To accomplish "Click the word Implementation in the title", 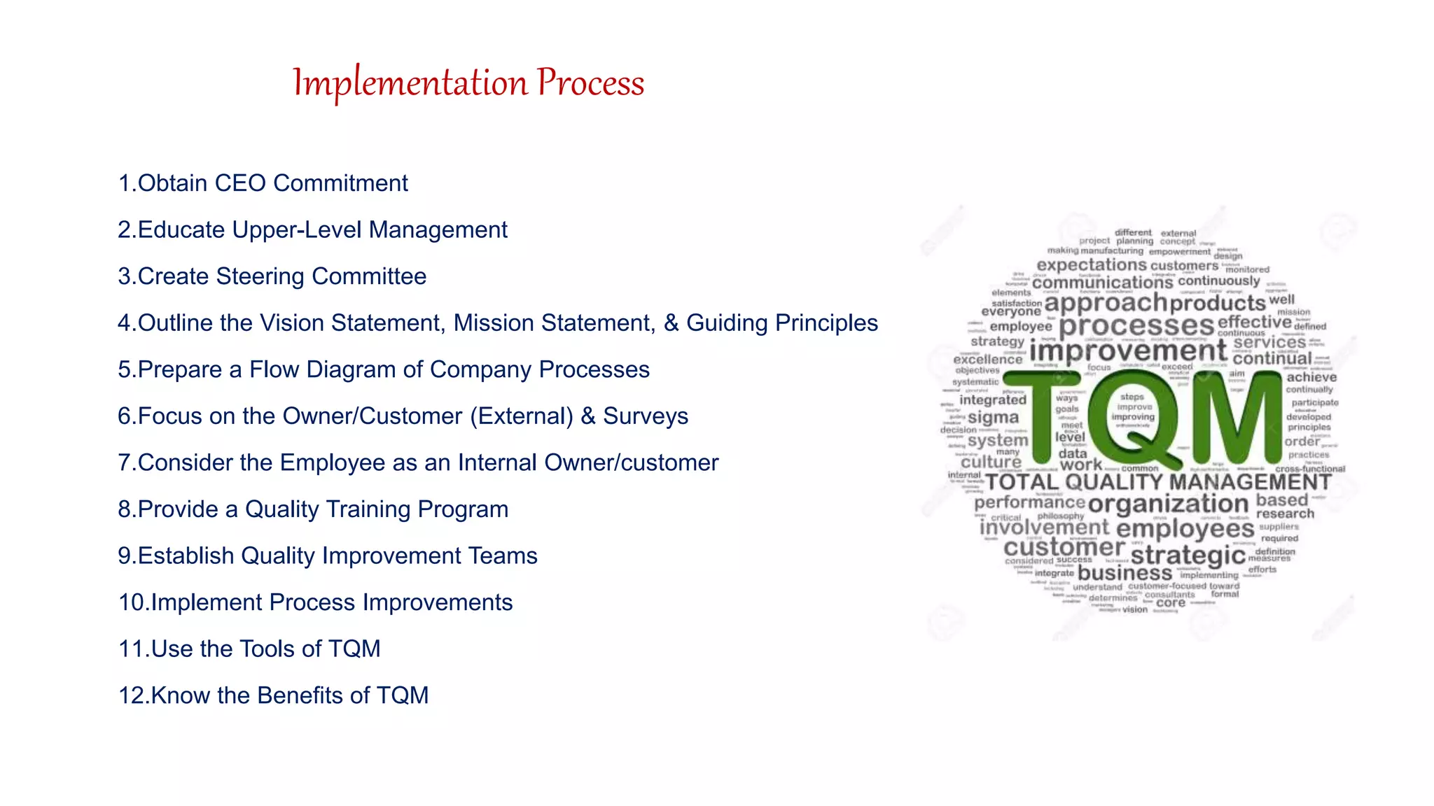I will pos(410,83).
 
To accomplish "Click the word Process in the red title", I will pos(590,83).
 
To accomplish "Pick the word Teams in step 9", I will pos(503,556).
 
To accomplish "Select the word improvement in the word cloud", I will pos(1127,351).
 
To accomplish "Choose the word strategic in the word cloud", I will pos(1188,556).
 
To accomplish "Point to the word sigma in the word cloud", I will pos(993,418).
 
